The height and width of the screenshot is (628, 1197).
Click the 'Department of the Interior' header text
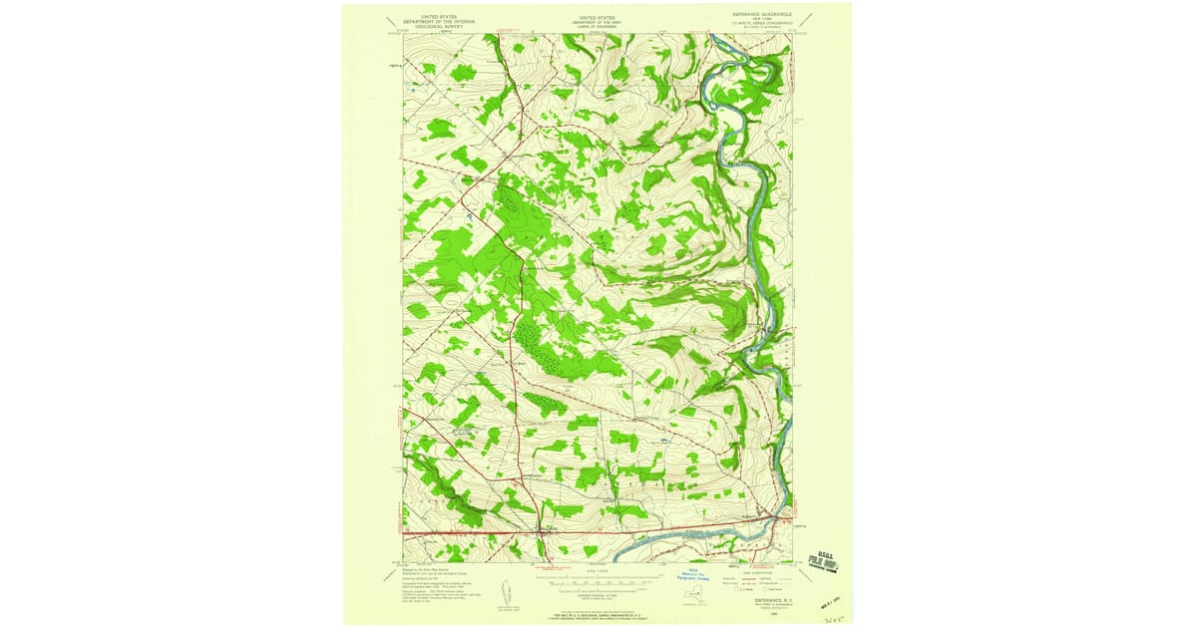point(438,21)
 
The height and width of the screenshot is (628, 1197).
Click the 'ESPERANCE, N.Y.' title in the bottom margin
point(764,601)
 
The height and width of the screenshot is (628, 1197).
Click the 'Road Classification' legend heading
point(764,570)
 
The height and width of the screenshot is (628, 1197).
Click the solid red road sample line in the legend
point(743,577)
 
